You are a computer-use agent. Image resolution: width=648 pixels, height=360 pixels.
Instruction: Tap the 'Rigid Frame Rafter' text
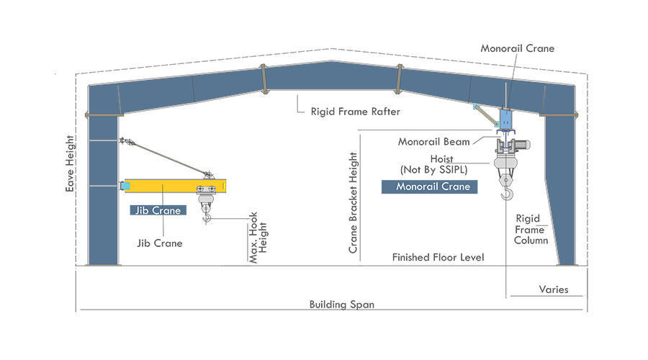click(355, 112)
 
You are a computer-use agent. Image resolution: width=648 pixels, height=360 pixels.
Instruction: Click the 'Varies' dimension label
click(554, 289)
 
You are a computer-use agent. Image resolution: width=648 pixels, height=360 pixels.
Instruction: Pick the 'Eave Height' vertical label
click(70, 166)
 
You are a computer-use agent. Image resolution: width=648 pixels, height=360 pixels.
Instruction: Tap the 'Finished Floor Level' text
click(438, 257)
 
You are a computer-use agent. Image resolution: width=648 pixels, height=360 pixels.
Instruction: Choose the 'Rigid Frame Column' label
click(531, 229)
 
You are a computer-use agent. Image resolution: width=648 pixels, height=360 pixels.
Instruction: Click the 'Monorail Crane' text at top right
click(518, 48)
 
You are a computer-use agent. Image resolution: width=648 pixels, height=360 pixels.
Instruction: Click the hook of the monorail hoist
click(508, 191)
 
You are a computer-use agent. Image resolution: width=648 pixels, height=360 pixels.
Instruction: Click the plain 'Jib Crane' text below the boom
click(160, 243)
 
